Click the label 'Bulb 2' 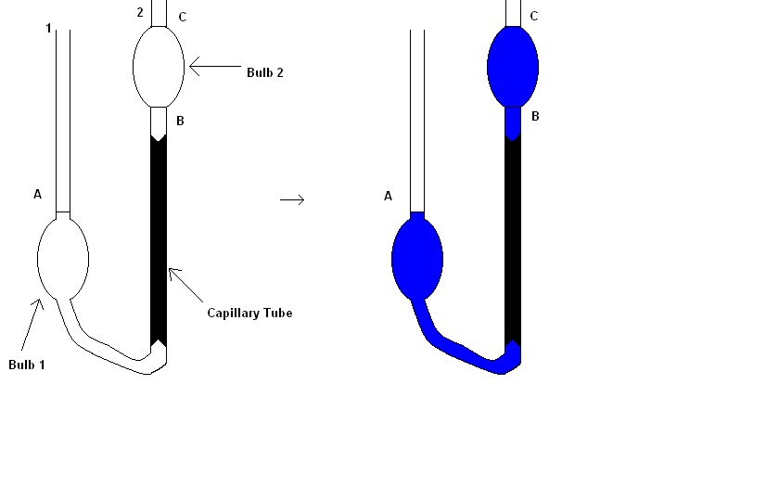click(264, 72)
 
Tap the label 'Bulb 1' click(27, 365)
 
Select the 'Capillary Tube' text click(249, 314)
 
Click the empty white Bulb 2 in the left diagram click(159, 66)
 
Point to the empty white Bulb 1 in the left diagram click(63, 258)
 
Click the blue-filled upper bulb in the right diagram click(513, 66)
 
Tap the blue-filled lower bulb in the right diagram click(417, 258)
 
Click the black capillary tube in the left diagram click(159, 241)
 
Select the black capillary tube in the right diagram click(513, 241)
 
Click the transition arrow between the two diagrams click(292, 199)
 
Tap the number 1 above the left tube click(48, 29)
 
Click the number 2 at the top click(140, 12)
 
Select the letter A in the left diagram click(38, 195)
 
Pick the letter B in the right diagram click(535, 117)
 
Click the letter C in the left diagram click(183, 17)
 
